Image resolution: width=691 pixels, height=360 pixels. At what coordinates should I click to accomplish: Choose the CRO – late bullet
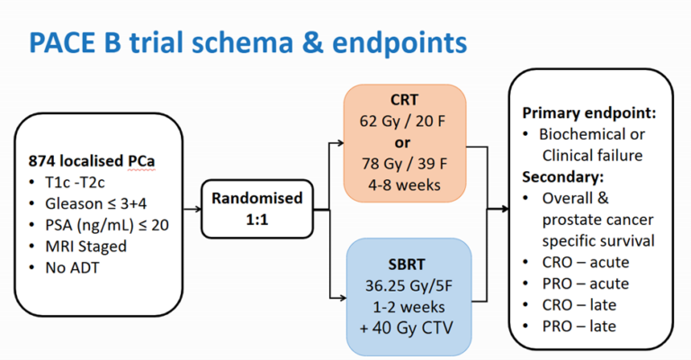(586, 305)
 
